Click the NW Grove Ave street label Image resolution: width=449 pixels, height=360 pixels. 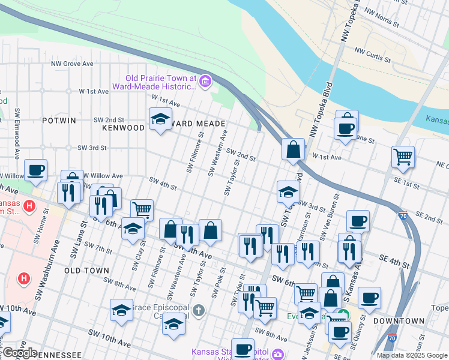72,63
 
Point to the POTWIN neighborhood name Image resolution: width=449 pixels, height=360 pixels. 59,121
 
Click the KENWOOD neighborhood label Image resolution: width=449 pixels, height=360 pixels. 124,128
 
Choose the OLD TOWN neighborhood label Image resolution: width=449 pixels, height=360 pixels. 90,271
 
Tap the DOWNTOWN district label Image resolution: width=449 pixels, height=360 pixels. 399,321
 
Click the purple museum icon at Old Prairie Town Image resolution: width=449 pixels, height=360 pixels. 205,81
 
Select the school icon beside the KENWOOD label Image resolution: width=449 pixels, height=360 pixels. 160,119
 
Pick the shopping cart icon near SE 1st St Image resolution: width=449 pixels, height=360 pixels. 403,157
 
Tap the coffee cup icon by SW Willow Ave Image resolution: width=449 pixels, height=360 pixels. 35,170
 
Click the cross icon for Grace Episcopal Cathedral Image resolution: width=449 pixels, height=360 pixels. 199,310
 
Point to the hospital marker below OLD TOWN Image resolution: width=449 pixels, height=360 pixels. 24,278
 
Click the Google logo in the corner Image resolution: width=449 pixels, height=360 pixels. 19,353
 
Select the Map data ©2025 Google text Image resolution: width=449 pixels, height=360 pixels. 411,355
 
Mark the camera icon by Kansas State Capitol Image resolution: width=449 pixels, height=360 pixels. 278,355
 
